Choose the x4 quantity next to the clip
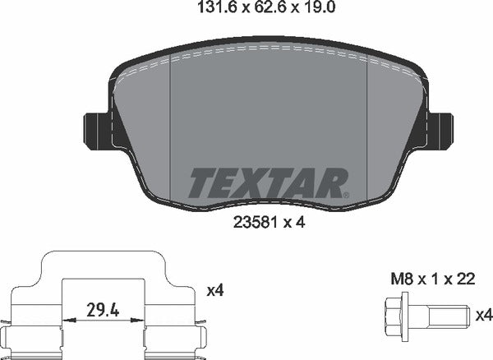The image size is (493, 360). click(215, 290)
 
